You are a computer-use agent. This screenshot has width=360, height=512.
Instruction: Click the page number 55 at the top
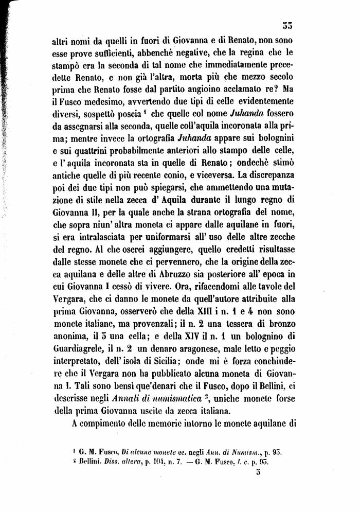tap(287, 27)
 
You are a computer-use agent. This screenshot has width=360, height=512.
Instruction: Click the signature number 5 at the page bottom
tap(259, 475)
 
